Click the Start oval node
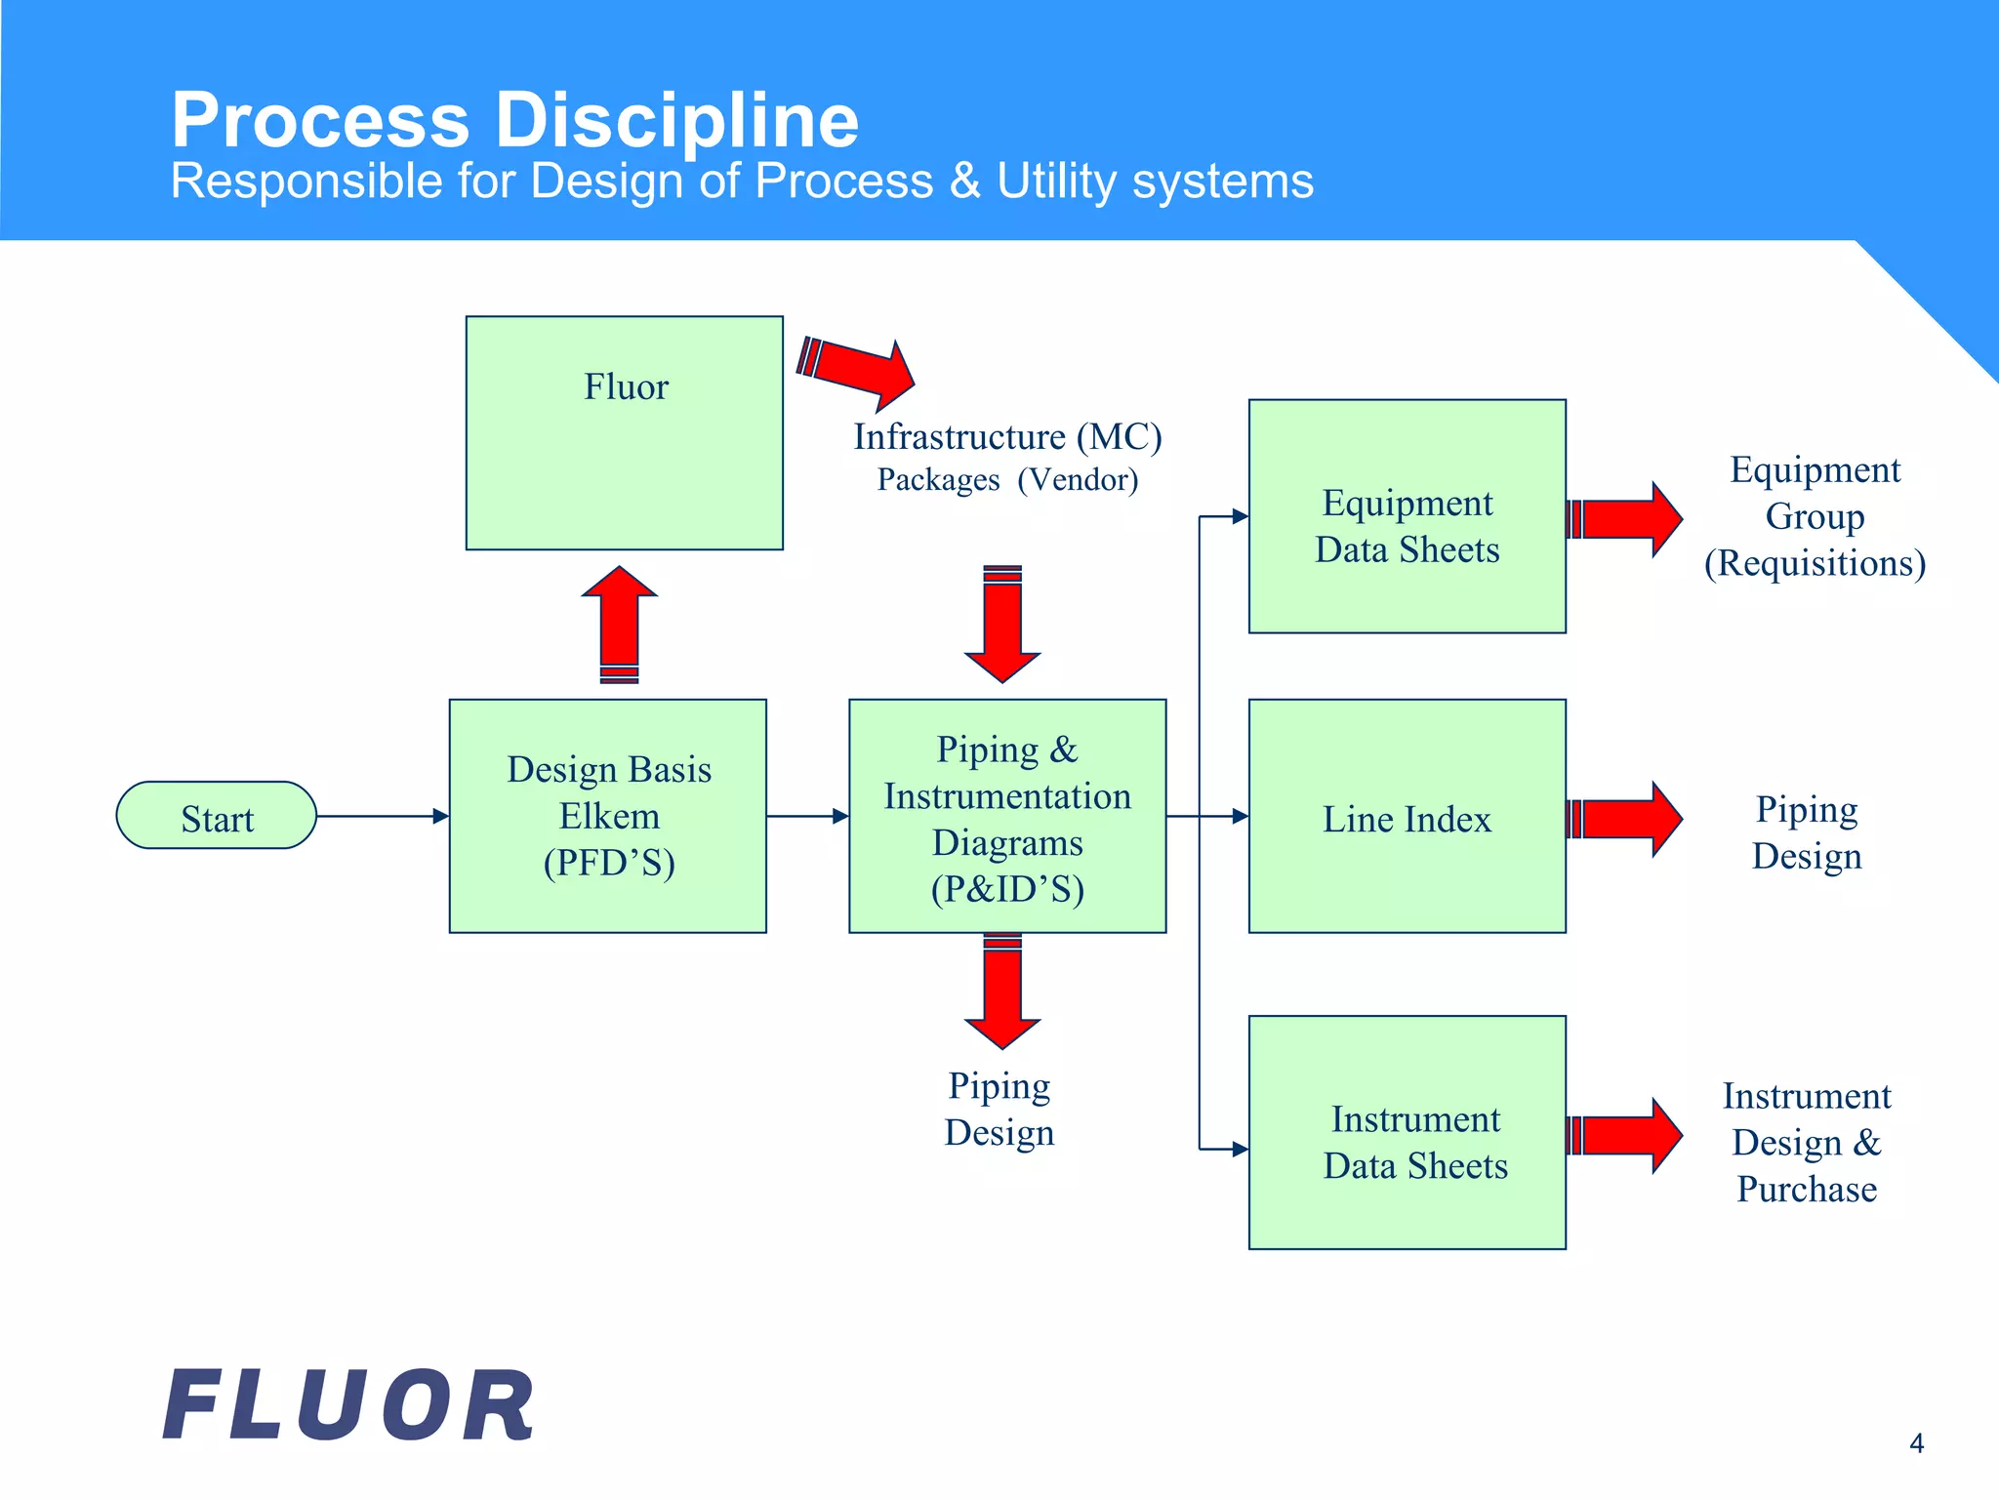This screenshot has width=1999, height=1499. pyautogui.click(x=217, y=816)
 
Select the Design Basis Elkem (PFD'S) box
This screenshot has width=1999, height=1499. pyautogui.click(x=607, y=816)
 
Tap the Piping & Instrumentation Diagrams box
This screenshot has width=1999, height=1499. pyautogui.click(x=1007, y=816)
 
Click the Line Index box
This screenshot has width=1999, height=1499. pyautogui.click(x=1407, y=816)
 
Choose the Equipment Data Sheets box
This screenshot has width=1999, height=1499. pyautogui.click(x=1407, y=516)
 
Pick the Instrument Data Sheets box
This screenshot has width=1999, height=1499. pyautogui.click(x=1407, y=1132)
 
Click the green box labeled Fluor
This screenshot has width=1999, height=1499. pyautogui.click(x=624, y=432)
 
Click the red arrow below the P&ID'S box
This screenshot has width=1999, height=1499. pyautogui.click(x=1002, y=992)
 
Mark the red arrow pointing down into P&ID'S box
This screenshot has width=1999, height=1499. pyautogui.click(x=1002, y=624)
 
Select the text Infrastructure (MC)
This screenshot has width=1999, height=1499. pyautogui.click(x=1007, y=436)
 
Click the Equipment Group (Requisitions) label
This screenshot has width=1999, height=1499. pyautogui.click(x=1815, y=516)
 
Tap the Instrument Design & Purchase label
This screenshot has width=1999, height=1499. pyautogui.click(x=1806, y=1142)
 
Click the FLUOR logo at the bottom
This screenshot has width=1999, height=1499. pyautogui.click(x=348, y=1405)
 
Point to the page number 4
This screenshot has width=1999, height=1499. pyautogui.click(x=1916, y=1443)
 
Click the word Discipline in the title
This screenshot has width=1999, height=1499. pyautogui.click(x=677, y=120)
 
